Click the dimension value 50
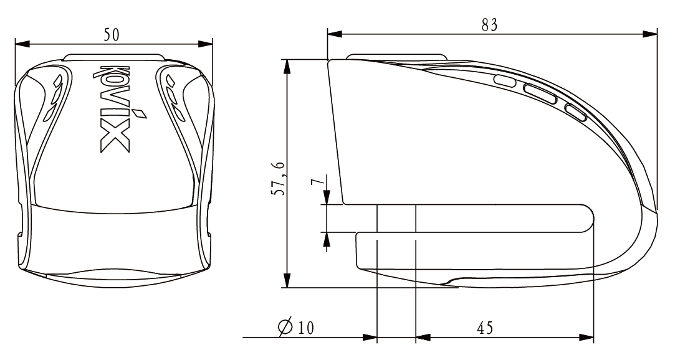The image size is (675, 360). [x=112, y=34]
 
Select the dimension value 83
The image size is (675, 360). [x=489, y=26]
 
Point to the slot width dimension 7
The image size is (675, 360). [x=317, y=182]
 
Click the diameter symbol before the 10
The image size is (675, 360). [x=286, y=328]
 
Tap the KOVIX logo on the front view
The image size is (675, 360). [x=115, y=108]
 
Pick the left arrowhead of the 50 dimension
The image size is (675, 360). [x=22, y=44]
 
